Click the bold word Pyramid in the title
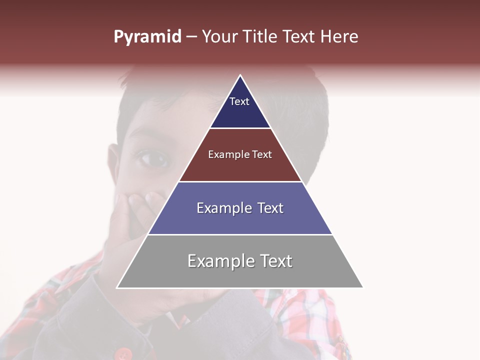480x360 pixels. [147, 37]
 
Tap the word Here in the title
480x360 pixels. [339, 37]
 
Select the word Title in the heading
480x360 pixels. [259, 37]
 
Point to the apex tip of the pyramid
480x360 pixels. [240, 75]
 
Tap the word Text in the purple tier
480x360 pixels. [270, 208]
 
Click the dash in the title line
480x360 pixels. [191, 37]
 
